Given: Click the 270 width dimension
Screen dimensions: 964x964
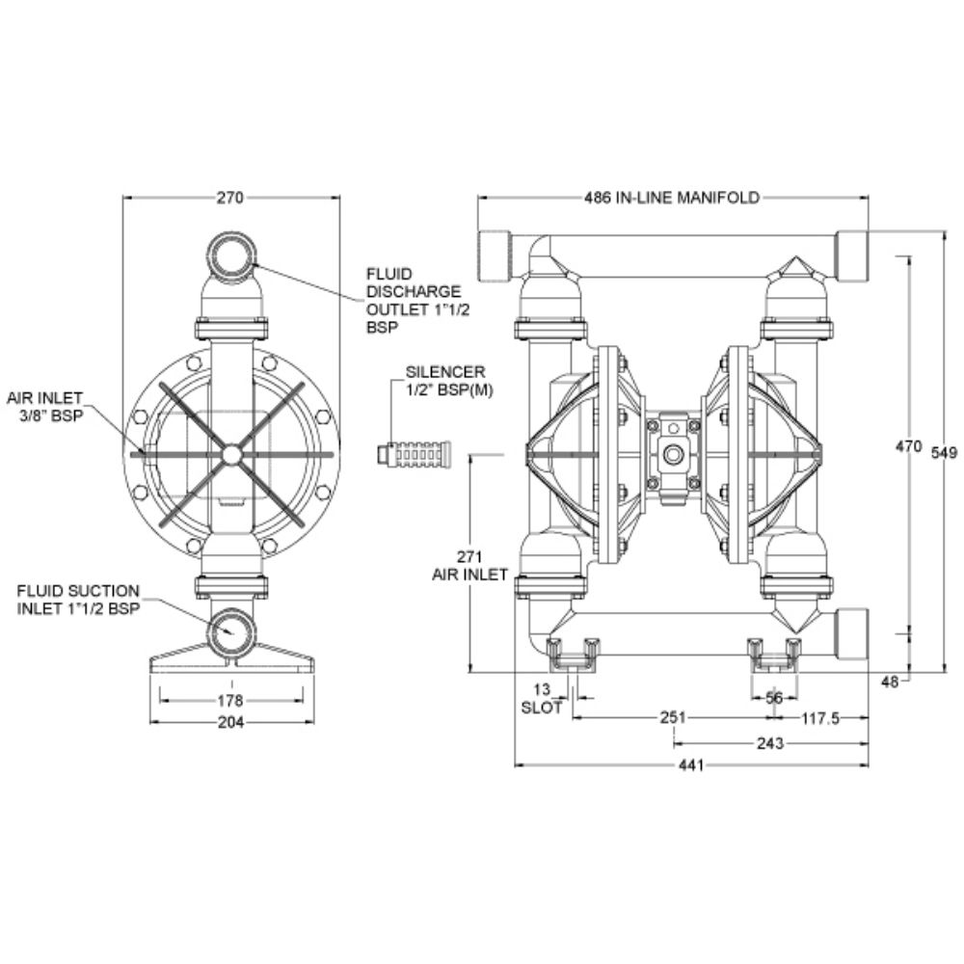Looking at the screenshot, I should [x=228, y=198].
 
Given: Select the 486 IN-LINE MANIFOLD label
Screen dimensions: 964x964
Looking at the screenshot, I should [x=672, y=198].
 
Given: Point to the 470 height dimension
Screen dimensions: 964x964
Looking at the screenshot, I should [x=907, y=447].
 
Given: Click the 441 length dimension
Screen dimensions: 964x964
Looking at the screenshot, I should [x=691, y=765].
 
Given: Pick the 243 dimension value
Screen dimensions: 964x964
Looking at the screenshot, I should [x=770, y=742].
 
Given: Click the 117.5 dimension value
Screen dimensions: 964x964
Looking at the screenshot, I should [x=821, y=718].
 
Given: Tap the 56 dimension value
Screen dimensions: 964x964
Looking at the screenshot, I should [x=774, y=698].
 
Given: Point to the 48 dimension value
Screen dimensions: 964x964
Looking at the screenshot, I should [x=890, y=682].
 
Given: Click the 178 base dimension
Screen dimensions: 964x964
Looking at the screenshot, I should [x=230, y=700].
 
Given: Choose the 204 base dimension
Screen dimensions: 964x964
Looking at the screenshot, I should [x=230, y=722].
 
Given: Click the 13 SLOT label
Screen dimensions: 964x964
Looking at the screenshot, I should [x=541, y=698].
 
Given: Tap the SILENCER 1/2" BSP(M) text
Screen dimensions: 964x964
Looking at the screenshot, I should [x=444, y=379].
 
